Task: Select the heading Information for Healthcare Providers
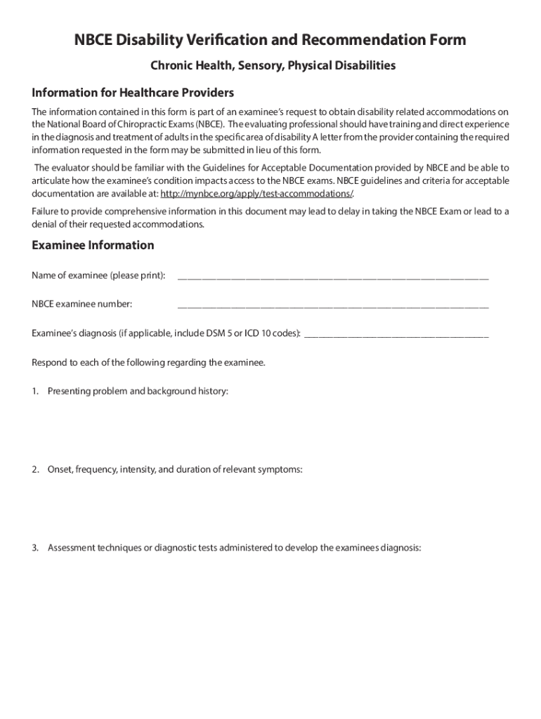click(133, 93)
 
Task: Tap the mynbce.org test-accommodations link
click(256, 193)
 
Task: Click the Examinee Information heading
click(93, 245)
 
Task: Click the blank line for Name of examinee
click(333, 277)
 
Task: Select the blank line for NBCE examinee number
click(333, 305)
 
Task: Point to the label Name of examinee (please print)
click(98, 275)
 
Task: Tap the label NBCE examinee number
click(82, 304)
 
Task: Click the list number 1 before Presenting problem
click(35, 391)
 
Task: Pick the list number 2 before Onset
click(35, 469)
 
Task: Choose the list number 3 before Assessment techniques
click(35, 548)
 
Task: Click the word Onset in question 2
click(60, 469)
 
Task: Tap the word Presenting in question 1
click(69, 391)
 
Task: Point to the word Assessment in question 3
click(72, 548)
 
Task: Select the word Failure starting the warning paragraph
click(46, 211)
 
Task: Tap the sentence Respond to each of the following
click(148, 362)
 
